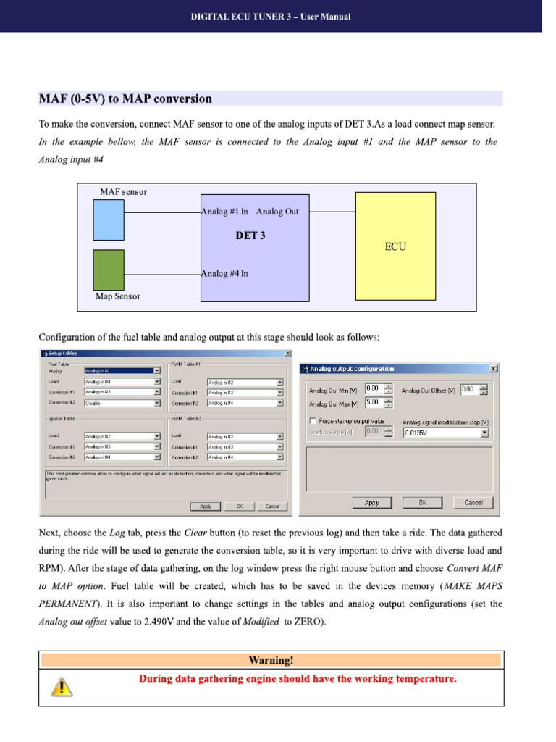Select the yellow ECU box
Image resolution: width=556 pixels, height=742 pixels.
point(395,246)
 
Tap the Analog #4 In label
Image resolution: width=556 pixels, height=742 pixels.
point(224,273)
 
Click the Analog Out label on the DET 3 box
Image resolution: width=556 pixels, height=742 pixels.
point(277,212)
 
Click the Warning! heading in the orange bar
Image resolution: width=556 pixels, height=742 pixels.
point(271,660)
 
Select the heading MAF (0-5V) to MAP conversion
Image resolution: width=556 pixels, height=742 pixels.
point(125,99)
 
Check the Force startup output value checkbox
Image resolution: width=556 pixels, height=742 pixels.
point(312,421)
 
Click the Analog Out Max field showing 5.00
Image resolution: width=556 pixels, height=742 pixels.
point(379,402)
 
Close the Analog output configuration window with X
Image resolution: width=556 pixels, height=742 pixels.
point(493,369)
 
